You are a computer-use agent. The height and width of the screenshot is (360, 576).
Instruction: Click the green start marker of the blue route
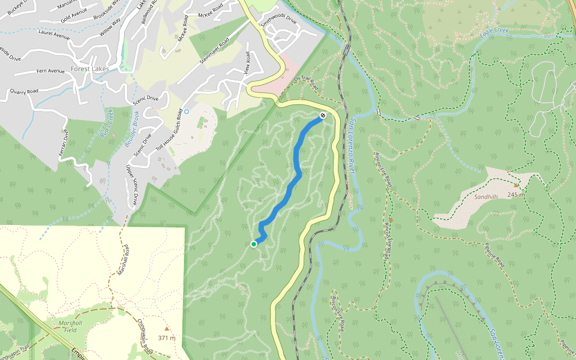(254, 244)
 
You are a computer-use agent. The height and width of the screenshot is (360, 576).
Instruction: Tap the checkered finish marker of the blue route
(323, 115)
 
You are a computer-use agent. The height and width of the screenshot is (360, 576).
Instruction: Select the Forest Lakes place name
(89, 68)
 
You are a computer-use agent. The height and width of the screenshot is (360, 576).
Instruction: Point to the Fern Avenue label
(50, 71)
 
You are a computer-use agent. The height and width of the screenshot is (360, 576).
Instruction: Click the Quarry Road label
(24, 91)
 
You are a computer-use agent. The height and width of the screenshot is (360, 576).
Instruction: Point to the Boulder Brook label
(131, 128)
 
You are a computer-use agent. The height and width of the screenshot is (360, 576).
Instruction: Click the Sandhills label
(487, 196)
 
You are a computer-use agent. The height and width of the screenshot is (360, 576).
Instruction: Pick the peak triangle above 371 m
(167, 328)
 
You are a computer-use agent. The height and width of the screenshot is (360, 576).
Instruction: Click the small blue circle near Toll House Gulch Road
(187, 111)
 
